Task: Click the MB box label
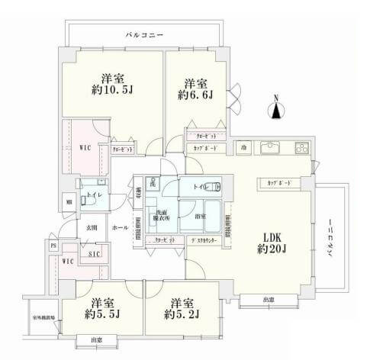(69, 201)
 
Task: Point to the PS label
(53, 245)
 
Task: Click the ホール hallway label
(121, 227)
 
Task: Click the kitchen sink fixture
(271, 147)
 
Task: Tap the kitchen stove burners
(300, 147)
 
